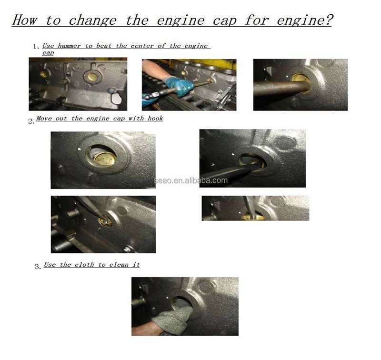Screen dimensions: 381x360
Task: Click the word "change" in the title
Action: (x=92, y=20)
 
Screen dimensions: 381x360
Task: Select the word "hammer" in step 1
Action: (x=69, y=46)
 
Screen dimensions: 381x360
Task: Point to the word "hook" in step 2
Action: (x=155, y=118)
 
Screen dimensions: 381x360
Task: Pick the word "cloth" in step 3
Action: (x=84, y=264)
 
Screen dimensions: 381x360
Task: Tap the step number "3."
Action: (x=38, y=267)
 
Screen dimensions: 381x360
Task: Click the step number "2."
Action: (x=31, y=121)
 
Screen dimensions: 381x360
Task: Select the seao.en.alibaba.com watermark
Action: (x=191, y=180)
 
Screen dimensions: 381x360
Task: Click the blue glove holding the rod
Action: (x=179, y=86)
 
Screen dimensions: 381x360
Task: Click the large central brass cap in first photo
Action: (x=92, y=77)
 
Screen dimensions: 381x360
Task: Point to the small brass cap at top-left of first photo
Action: (x=44, y=74)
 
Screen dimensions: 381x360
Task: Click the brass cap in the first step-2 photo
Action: (x=105, y=159)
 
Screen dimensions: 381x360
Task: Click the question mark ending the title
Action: (x=328, y=20)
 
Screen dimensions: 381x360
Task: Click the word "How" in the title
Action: (x=25, y=20)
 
